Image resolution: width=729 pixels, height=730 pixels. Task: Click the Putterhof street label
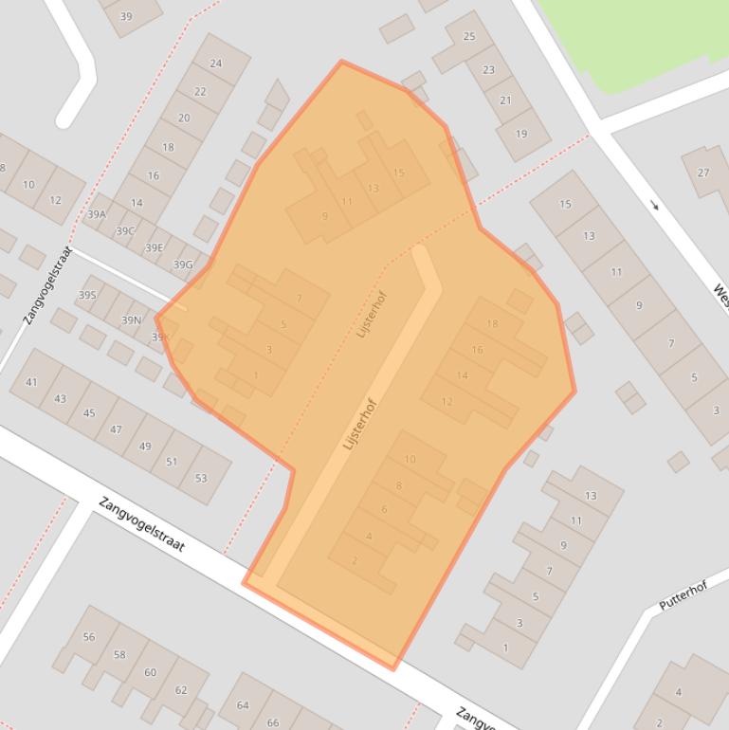pos(683,596)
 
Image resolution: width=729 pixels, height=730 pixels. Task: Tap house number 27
pos(702,173)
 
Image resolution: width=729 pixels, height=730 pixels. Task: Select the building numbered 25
pos(469,37)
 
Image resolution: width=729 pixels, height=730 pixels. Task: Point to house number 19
pos(521,134)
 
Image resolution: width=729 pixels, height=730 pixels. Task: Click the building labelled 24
pos(216,64)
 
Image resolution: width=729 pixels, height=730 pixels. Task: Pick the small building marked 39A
pos(97,214)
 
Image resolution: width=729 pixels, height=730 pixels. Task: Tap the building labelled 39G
pos(183,265)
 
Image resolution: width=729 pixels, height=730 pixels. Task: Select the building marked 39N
pos(131,320)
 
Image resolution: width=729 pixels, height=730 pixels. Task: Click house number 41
pos(31,382)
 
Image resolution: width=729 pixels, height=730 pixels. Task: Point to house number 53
pos(201,478)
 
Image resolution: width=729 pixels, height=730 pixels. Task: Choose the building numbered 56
pos(89,637)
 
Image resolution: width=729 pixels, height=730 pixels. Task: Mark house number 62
pos(181,690)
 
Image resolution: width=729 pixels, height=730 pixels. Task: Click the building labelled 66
pos(273,722)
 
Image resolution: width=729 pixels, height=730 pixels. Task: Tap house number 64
pos(243,705)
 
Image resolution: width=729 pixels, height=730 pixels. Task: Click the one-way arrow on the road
pos(654,205)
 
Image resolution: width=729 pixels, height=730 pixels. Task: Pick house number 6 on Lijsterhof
pos(384,510)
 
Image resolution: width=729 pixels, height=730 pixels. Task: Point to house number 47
pos(116,429)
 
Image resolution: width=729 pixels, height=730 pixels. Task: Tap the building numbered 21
pos(505,100)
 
